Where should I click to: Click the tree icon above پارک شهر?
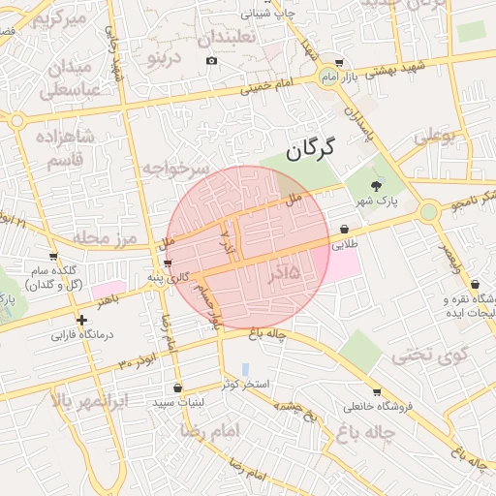point(377,186)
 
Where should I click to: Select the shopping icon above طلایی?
point(345,230)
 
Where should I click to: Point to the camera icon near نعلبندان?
point(212,61)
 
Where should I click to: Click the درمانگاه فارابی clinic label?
point(83,335)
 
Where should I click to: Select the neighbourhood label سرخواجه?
point(175,169)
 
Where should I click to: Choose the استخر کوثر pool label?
point(244,385)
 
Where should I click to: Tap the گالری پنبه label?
point(166,278)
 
